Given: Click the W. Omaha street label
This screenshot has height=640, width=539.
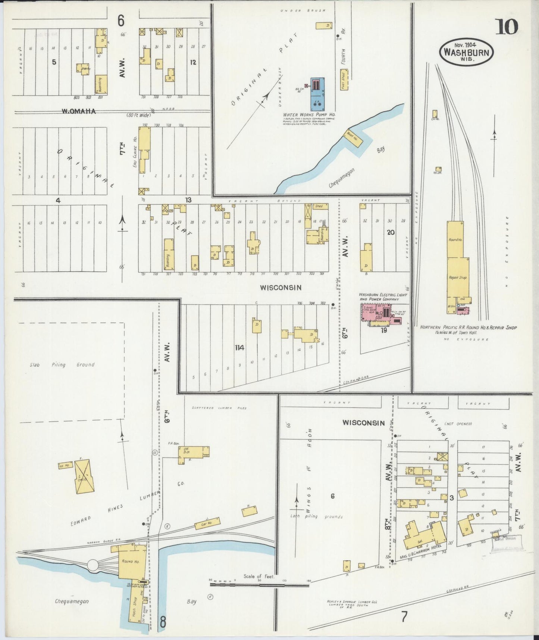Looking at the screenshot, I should pyautogui.click(x=79, y=111).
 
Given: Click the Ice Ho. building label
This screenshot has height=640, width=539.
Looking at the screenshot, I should pyautogui.click(x=65, y=465).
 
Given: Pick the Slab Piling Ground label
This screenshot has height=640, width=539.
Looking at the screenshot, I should pyautogui.click(x=62, y=365).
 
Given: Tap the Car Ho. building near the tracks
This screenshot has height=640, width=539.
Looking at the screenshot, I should pyautogui.click(x=207, y=523).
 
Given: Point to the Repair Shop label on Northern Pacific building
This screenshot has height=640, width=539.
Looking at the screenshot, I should pyautogui.click(x=458, y=277).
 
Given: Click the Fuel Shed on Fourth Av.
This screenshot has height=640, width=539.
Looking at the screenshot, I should pyautogui.click(x=344, y=79).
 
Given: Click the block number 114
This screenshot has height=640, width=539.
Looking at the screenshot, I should pyautogui.click(x=239, y=348).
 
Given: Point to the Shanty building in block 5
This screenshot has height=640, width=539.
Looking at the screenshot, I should pyautogui.click(x=83, y=69).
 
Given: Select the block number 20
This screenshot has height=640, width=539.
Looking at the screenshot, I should pyautogui.click(x=391, y=232).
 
